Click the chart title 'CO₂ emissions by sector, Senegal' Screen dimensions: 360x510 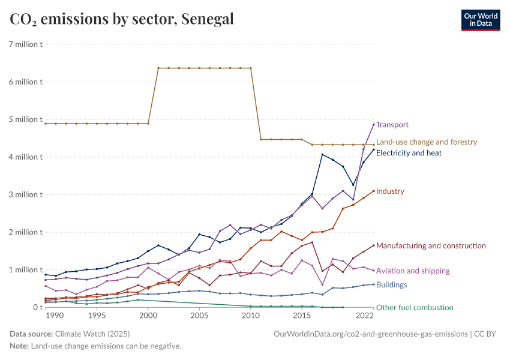(x=122, y=19)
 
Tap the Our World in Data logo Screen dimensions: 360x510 (x=480, y=20)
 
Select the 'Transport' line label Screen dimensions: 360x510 (x=392, y=125)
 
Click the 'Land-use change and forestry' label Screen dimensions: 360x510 (x=426, y=142)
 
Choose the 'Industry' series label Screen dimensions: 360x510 (x=390, y=191)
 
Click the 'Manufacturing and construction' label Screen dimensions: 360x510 (x=431, y=246)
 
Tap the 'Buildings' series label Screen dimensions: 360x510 (x=392, y=285)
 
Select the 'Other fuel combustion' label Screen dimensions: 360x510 (x=415, y=308)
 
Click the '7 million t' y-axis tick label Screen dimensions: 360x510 (x=25, y=44)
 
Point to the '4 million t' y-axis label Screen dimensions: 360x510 (x=25, y=157)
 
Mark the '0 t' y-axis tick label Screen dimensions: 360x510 (x=37, y=307)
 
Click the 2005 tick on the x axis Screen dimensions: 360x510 (x=199, y=315)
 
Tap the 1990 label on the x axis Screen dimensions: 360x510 (x=54, y=315)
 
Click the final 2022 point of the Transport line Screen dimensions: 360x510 (x=374, y=124)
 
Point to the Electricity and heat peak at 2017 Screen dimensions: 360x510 (x=322, y=154)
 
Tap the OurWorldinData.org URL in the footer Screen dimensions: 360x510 (x=370, y=333)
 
